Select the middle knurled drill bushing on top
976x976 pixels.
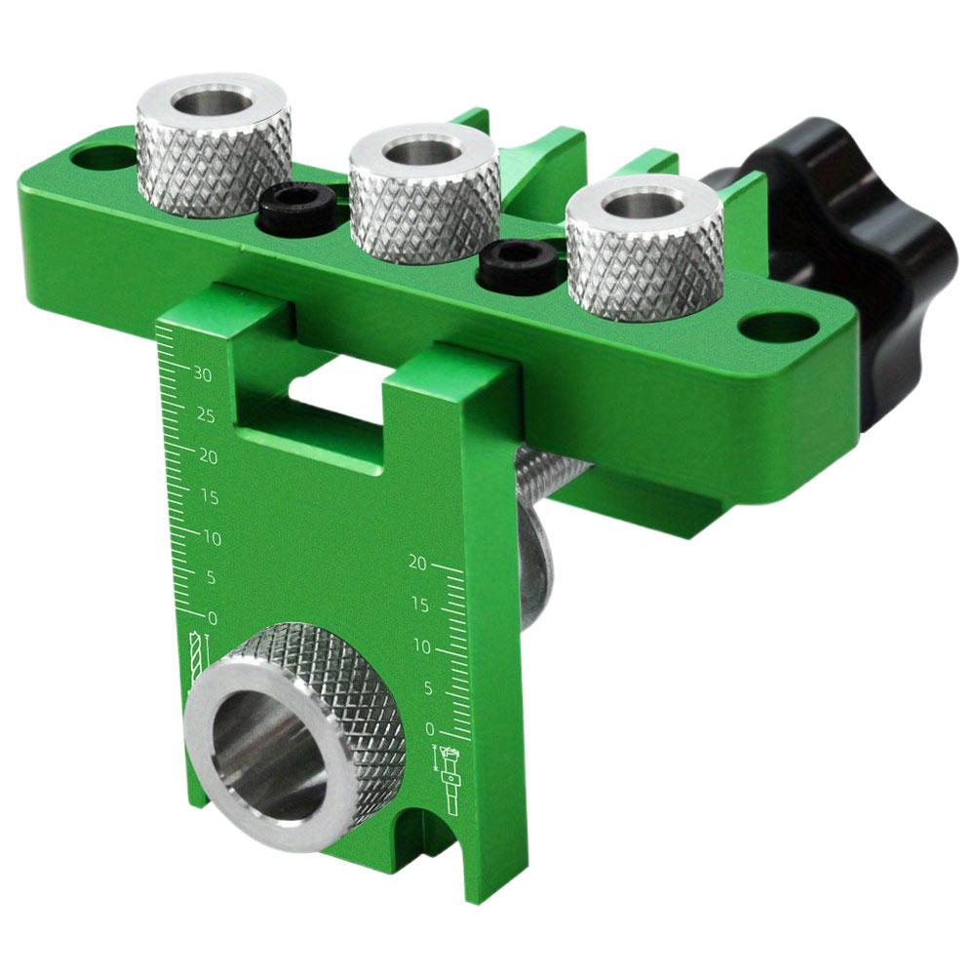point(425,195)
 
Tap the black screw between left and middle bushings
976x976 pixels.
point(298,207)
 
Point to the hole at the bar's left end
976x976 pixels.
point(103,156)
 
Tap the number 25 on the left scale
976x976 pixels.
point(205,415)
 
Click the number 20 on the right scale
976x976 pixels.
point(418,563)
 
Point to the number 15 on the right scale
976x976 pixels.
point(419,605)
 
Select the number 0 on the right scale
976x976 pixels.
point(430,728)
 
